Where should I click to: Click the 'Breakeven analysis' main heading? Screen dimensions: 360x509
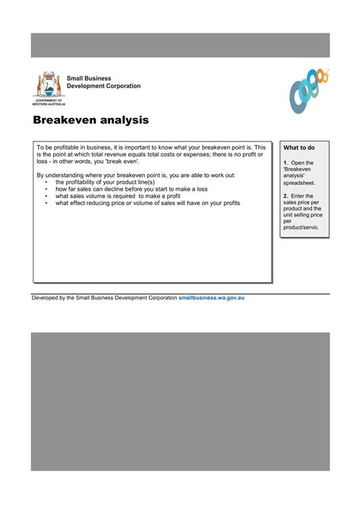[90, 120]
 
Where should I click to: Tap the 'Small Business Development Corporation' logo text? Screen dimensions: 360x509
[103, 82]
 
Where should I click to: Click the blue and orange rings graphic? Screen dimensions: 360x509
[308, 89]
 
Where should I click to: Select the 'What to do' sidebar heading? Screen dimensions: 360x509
[299, 147]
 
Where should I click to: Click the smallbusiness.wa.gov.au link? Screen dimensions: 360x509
[211, 298]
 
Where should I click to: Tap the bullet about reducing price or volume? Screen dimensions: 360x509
[147, 203]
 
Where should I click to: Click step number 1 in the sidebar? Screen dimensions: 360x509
[285, 163]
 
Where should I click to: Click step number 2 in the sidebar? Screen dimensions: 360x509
[285, 195]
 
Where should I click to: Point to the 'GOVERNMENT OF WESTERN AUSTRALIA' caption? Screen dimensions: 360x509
[49, 102]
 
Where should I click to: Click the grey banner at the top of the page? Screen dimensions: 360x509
[180, 45]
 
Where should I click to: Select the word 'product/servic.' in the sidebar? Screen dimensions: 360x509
[302, 227]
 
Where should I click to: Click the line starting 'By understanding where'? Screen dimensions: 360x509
[136, 175]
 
